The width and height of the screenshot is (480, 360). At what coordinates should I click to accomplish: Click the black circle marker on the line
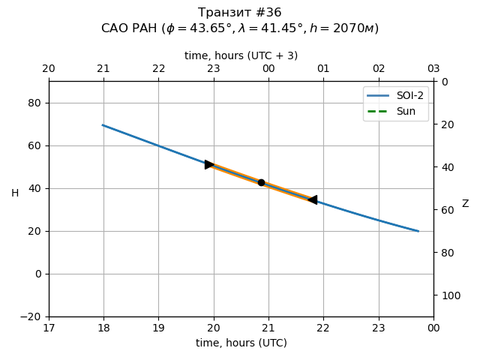click(261, 182)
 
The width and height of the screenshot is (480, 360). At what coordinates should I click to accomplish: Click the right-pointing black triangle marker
click(210, 164)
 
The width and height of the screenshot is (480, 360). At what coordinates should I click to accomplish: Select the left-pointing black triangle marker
click(312, 199)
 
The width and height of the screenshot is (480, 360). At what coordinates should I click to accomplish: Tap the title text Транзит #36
click(240, 13)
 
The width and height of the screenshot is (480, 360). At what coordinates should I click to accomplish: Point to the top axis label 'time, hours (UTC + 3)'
click(241, 55)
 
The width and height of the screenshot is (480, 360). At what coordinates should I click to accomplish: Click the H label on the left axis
click(15, 193)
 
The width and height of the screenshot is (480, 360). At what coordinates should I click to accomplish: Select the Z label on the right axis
click(465, 204)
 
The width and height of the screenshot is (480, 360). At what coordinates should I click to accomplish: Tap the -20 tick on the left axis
click(33, 316)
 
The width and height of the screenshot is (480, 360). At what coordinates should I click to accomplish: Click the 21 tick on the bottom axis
click(268, 328)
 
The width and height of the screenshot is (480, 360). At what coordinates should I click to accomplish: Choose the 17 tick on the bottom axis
click(49, 328)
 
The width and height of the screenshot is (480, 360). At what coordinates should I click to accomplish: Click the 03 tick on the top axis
click(433, 69)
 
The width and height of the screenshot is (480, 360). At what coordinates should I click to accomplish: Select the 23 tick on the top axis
click(214, 69)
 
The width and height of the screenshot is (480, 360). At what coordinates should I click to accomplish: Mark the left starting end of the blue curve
click(103, 125)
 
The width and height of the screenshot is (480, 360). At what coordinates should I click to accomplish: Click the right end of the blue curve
click(418, 231)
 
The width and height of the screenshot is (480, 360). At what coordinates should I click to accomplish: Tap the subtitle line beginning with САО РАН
click(240, 28)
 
